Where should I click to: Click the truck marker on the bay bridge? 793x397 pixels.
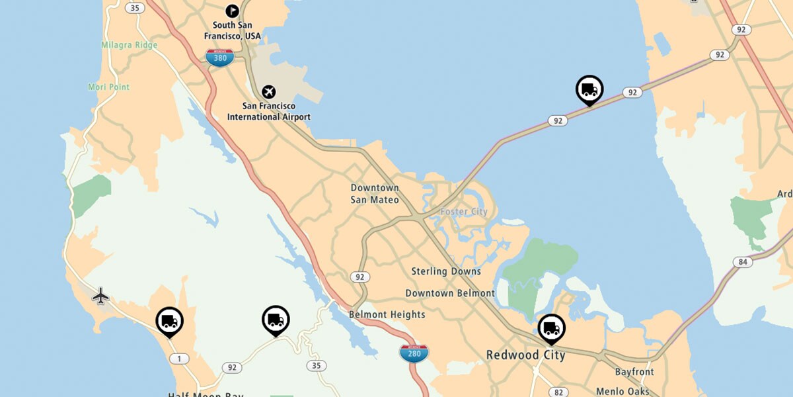point(589,89)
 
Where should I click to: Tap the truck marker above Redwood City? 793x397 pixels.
point(551,328)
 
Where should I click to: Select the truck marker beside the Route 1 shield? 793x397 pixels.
point(170,322)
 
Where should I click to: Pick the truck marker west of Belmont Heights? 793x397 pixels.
point(276,320)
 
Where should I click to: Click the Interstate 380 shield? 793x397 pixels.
point(219,58)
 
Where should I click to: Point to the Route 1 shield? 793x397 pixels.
point(179,359)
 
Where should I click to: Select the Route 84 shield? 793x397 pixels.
point(743,262)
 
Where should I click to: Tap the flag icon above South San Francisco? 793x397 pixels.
point(232,11)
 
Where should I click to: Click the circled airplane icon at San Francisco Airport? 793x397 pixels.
point(269,91)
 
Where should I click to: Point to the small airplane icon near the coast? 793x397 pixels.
point(100,295)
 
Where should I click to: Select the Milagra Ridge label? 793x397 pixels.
point(130,45)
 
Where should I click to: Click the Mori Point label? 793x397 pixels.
point(109,87)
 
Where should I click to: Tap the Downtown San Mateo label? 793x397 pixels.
point(375,193)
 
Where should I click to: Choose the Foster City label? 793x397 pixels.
point(464,212)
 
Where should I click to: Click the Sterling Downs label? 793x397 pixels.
point(446,271)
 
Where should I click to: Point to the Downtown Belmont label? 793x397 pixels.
point(449,293)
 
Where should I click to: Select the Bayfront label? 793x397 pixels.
point(634,372)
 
